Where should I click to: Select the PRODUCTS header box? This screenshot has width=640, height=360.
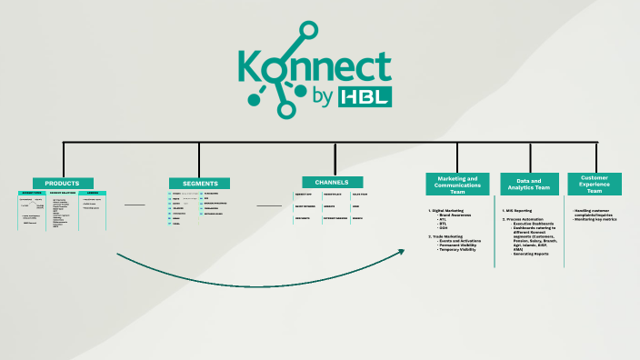pyautogui.click(x=63, y=183)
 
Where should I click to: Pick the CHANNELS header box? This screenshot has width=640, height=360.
pyautogui.click(x=333, y=182)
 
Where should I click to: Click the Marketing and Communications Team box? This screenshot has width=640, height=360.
pyautogui.click(x=458, y=184)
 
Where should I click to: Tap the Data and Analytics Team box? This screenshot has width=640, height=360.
pyautogui.click(x=529, y=184)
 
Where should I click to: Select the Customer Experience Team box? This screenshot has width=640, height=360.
pyautogui.click(x=595, y=184)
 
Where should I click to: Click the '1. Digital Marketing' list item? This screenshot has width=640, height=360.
pyautogui.click(x=447, y=211)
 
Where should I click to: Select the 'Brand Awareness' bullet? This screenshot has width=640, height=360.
pyautogui.click(x=458, y=215)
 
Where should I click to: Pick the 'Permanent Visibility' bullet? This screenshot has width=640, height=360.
pyautogui.click(x=460, y=245)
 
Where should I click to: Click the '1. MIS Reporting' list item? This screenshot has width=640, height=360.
pyautogui.click(x=519, y=211)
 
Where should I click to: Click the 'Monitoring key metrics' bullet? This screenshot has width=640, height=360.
pyautogui.click(x=595, y=219)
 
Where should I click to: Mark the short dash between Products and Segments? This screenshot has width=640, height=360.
pyautogui.click(x=135, y=205)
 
